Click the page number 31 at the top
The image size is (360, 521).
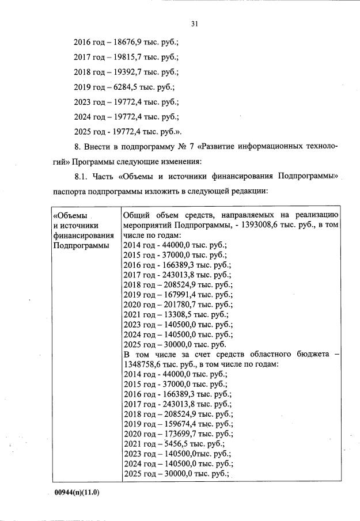(194, 24)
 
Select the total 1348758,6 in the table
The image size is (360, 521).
(144, 365)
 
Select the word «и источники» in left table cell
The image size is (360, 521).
(75, 226)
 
